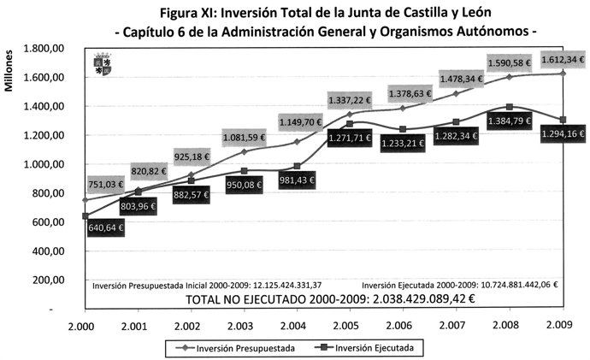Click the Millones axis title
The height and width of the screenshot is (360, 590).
(x=10, y=69)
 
